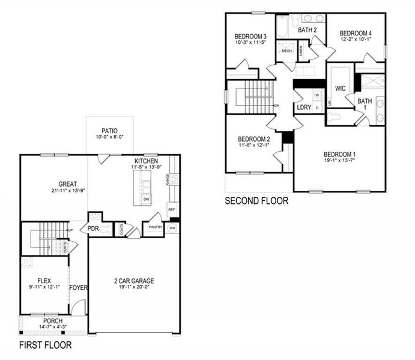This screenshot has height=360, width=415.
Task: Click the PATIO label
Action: tap(109, 130)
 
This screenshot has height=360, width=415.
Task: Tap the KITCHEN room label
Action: tap(146, 161)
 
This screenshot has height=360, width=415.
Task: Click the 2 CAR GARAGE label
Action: tap(135, 281)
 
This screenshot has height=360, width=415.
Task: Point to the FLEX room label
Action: tap(43, 280)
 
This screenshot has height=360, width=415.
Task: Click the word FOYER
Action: tap(79, 288)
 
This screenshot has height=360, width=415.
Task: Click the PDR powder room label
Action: tap(93, 229)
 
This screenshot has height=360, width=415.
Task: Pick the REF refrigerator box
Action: tap(172, 209)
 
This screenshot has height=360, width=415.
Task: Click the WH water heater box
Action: tap(172, 229)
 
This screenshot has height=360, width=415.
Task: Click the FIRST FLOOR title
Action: tap(46, 346)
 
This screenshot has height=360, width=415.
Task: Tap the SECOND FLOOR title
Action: tap(256, 201)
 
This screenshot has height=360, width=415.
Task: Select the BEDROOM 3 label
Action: tap(250, 37)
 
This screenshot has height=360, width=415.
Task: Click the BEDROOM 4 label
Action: tap(356, 33)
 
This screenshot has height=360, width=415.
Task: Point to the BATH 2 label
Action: tap(307, 30)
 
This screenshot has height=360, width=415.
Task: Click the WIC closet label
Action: tap(340, 88)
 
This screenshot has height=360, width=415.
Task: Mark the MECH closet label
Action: tap(286, 52)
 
